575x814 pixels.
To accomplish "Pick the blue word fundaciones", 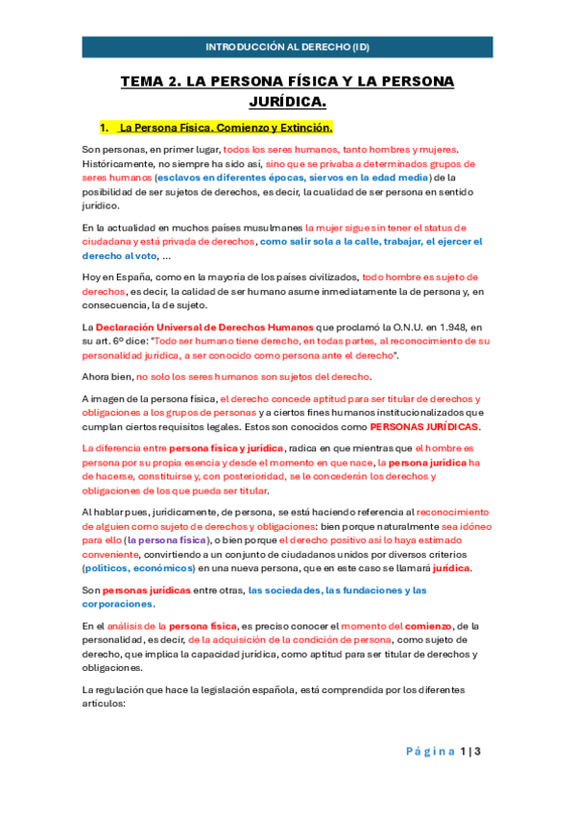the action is click(364, 589).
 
